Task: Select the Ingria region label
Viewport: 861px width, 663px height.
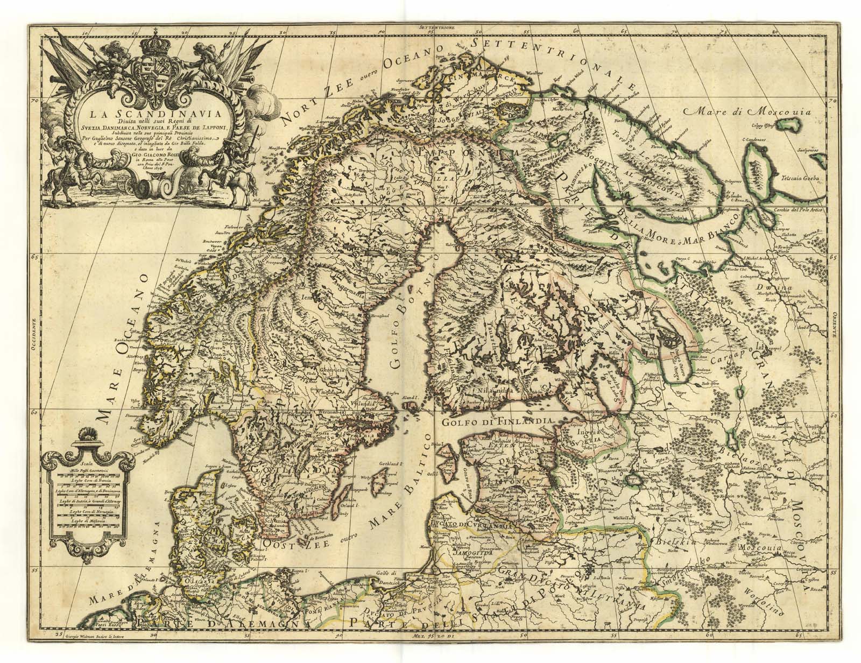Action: [573, 430]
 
